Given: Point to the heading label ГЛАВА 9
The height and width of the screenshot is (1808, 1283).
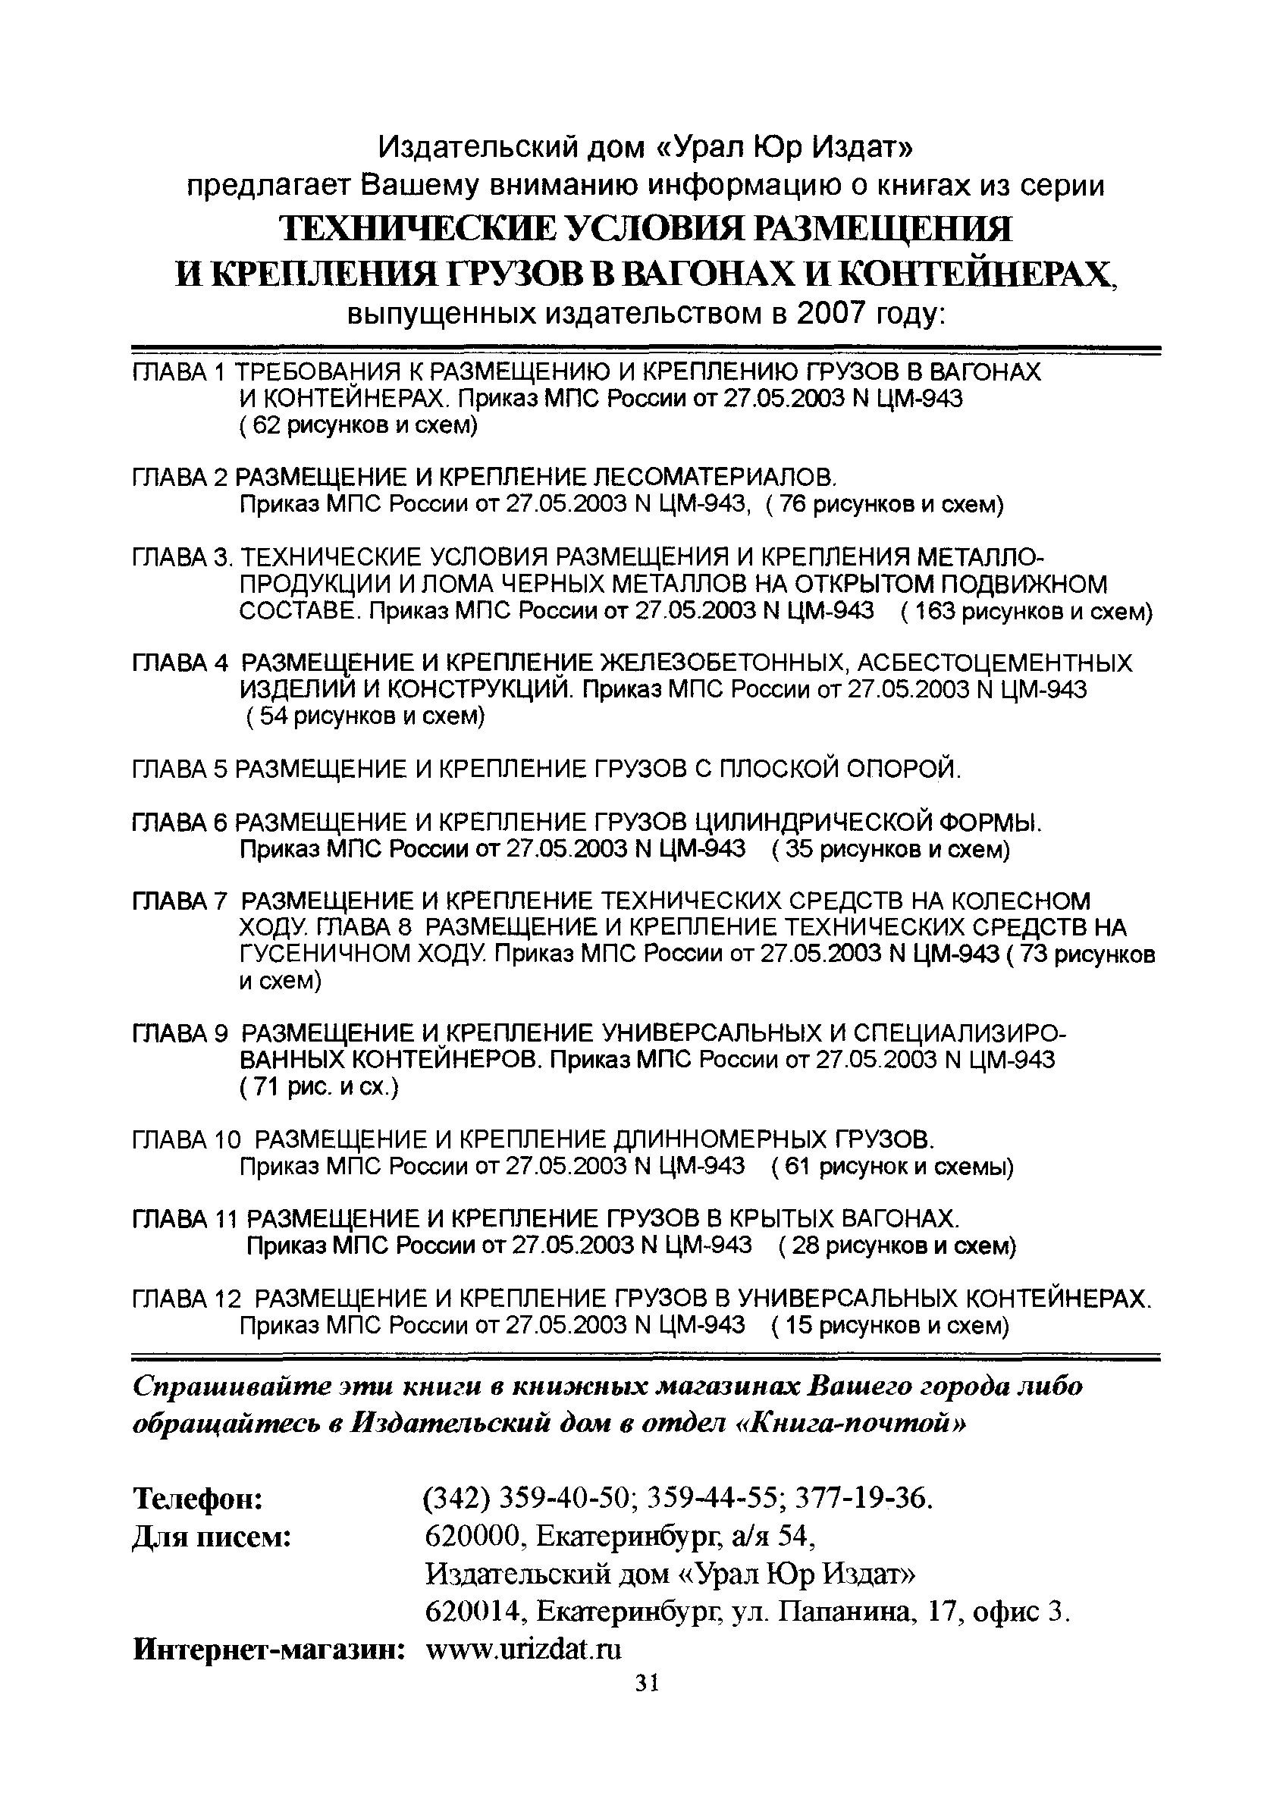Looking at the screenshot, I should point(180,1033).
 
